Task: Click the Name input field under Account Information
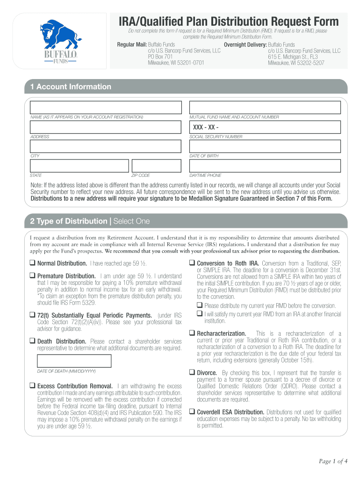click(x=105, y=107)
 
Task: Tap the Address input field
click(x=105, y=127)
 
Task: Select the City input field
click(x=105, y=146)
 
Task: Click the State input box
click(x=79, y=166)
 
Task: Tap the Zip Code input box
click(x=156, y=166)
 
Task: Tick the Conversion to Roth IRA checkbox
click(x=192, y=263)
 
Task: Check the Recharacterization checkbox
click(x=192, y=334)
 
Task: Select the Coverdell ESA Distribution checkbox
click(x=192, y=412)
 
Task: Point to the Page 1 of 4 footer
click(x=333, y=462)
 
